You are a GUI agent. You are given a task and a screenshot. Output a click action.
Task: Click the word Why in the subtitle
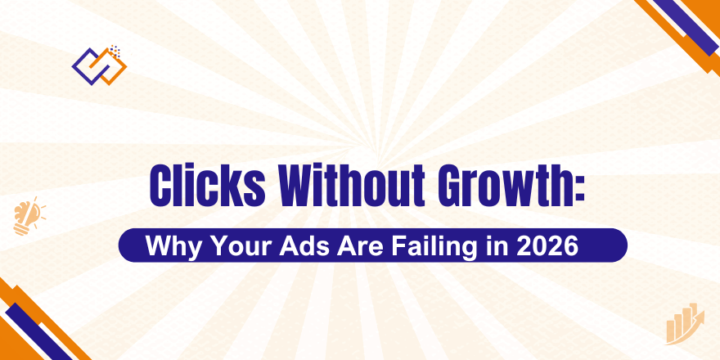(171, 245)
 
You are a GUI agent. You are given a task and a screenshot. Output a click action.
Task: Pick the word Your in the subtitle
(232, 245)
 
